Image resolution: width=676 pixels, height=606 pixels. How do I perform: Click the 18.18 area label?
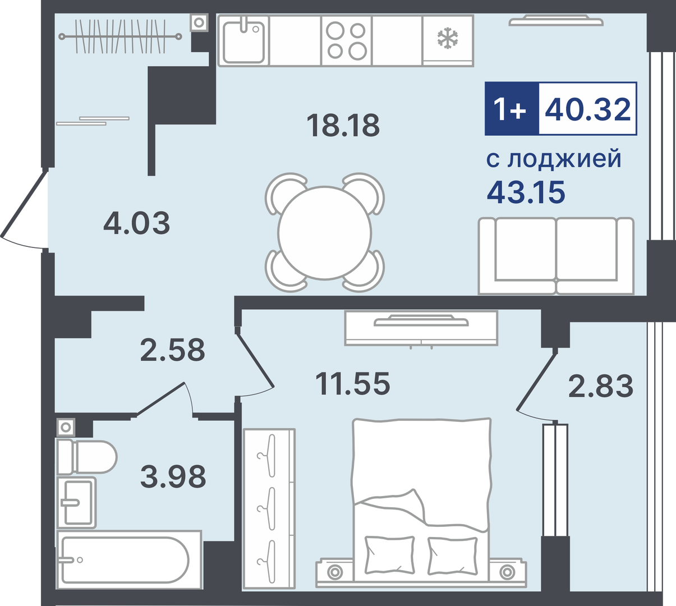343,125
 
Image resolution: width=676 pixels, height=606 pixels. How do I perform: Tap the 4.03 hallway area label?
137,223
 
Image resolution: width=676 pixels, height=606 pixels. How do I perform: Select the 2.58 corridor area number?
172,350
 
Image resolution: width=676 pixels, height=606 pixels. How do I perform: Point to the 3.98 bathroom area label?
173,476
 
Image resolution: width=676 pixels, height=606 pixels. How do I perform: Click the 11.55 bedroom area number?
353,383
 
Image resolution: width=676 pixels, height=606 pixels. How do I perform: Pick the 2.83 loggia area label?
601,386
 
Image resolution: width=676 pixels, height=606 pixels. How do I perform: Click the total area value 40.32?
587,109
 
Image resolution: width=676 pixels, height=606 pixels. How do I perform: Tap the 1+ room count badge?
509,109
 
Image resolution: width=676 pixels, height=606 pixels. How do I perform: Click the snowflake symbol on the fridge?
448,38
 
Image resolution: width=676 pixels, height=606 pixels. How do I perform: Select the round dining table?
325,233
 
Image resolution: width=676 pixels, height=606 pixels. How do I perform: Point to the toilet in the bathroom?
86,457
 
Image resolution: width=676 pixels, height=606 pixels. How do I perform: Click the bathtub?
129,561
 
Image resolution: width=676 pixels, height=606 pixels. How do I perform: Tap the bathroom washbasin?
76,503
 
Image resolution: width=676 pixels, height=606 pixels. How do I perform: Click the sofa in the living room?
556,256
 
